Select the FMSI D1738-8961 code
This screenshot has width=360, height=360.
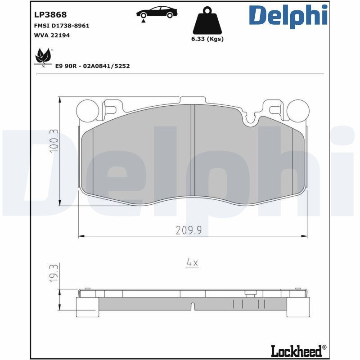62,26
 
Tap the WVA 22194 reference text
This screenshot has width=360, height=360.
52,35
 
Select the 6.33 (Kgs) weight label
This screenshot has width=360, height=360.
207,39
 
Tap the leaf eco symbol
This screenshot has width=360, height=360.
43,57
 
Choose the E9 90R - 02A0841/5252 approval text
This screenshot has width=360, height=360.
92,66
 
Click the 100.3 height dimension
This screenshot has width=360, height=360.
54,141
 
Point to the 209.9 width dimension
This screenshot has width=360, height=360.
188,230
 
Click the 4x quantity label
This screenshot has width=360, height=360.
192,263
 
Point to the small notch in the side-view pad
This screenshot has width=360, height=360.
193,306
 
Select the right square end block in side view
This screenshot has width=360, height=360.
297,307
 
